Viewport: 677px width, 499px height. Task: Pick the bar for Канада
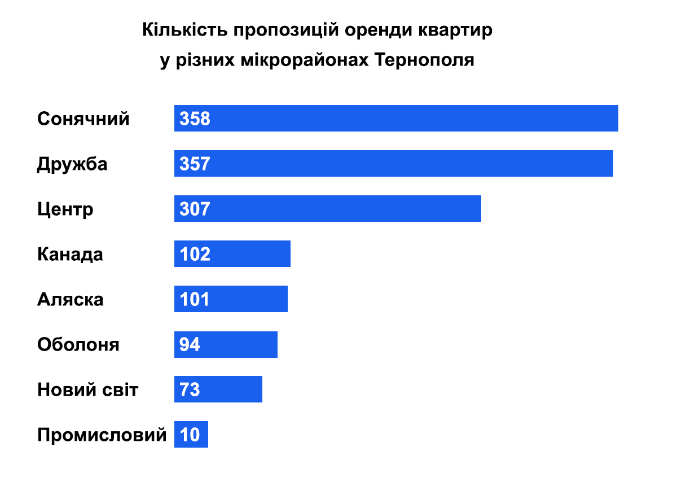click(248, 254)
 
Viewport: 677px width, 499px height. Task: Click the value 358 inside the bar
click(195, 119)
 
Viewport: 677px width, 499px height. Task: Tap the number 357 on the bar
click(195, 164)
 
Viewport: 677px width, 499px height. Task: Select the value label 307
click(195, 209)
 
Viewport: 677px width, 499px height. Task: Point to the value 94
click(190, 345)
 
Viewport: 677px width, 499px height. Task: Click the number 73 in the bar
click(190, 390)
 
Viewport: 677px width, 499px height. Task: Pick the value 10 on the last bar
click(190, 435)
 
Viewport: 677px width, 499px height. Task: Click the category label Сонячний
click(83, 119)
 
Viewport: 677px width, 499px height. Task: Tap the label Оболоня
click(78, 345)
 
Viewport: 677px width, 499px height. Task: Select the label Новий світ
click(88, 390)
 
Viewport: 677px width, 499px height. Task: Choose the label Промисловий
click(102, 435)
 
